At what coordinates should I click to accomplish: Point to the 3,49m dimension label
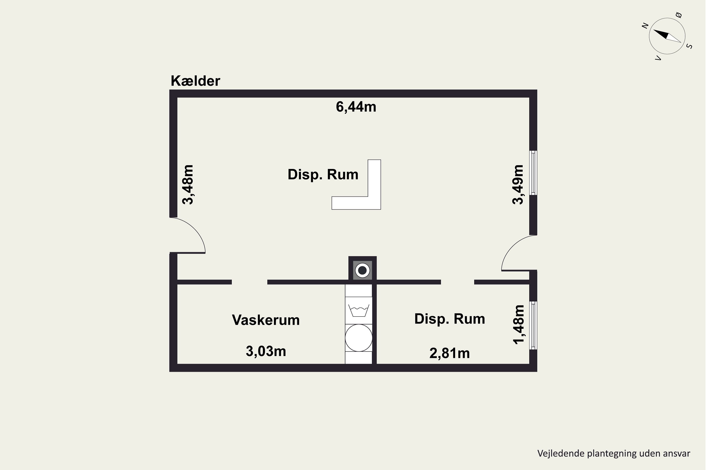coord(518,185)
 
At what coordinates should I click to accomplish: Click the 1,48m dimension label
coord(519,325)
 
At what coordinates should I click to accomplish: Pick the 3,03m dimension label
coord(266,351)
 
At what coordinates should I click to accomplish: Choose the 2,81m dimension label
coord(449,353)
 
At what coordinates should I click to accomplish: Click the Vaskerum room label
coord(266,320)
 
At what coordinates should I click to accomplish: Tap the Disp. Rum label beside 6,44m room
coord(323,174)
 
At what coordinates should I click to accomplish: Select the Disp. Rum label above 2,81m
coord(449,319)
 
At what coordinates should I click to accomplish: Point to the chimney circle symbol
coord(362,270)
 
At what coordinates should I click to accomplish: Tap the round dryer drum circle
coord(358,338)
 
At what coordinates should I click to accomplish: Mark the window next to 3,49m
coord(533,173)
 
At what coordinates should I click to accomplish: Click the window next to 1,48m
coord(533,325)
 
